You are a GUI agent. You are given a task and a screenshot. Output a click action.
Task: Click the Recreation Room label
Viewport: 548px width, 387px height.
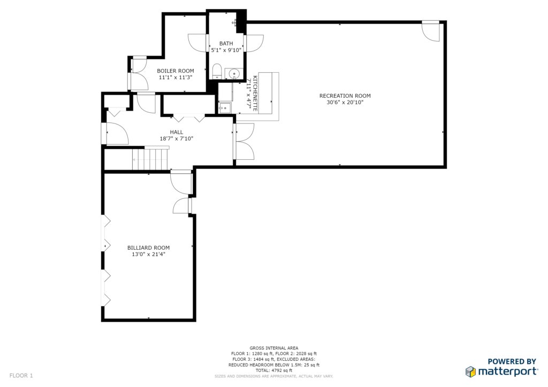click(345, 96)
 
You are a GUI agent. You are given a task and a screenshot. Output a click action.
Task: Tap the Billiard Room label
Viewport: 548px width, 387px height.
click(149, 248)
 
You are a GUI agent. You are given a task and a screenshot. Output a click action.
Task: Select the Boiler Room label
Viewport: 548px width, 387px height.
click(176, 71)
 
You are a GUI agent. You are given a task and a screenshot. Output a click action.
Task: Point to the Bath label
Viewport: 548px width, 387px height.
click(226, 44)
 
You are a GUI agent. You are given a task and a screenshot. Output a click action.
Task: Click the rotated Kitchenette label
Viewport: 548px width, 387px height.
click(255, 94)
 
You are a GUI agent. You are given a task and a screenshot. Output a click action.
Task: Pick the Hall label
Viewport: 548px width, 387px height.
click(177, 132)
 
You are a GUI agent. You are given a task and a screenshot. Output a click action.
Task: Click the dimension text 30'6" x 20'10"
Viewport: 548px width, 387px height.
click(345, 102)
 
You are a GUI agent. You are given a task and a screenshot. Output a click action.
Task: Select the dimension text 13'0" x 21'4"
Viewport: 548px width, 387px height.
click(149, 254)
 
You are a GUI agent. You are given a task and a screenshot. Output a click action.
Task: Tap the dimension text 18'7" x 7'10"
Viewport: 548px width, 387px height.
click(177, 138)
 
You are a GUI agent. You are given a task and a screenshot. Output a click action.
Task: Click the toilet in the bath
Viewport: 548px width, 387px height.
click(217, 71)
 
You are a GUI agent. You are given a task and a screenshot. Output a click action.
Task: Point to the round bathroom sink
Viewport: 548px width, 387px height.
click(234, 74)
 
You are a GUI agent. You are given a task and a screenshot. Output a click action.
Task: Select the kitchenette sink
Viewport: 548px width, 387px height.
click(225, 108)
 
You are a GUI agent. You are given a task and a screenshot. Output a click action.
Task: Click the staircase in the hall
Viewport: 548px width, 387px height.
click(150, 158)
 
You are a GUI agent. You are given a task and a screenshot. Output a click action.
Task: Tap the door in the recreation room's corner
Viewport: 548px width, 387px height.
click(431, 31)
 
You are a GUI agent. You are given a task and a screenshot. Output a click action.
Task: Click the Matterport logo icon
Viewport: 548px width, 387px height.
click(470, 371)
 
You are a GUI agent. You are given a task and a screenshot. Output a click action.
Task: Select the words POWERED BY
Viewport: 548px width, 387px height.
click(512, 361)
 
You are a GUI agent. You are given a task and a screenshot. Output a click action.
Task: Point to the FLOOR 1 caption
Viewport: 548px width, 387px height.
click(21, 375)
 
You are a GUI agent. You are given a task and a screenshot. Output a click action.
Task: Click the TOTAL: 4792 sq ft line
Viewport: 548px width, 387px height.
click(273, 370)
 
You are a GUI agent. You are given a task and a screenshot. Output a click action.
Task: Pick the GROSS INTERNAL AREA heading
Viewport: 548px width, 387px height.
click(273, 348)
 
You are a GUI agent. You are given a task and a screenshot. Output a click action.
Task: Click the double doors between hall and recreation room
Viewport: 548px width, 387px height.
click(244, 141)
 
